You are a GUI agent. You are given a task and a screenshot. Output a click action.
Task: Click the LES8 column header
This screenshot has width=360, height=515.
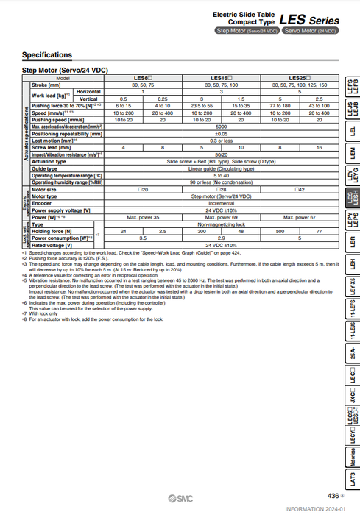pos(143,77)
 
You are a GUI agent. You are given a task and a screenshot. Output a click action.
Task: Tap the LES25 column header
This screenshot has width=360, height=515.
pos(298,77)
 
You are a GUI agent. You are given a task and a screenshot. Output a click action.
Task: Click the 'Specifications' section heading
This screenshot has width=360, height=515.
pos(47,55)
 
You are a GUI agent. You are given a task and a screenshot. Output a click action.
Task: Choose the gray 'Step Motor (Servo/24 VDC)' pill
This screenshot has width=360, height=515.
pos(247,31)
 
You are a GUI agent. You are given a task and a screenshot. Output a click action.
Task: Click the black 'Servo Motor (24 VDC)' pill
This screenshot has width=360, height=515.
pos(310,31)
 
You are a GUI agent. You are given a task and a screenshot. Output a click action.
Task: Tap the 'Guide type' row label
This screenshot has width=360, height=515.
pos(45,169)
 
